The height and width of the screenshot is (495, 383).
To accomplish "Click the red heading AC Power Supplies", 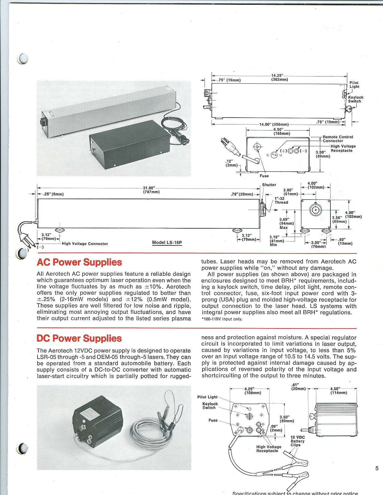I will point(79,262).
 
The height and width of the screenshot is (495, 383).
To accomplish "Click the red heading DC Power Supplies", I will point(79,338).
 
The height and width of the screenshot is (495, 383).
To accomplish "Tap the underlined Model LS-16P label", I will point(167,243).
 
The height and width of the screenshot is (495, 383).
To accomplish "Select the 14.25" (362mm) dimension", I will point(279,77).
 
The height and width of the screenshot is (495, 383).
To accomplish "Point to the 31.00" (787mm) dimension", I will point(151,190).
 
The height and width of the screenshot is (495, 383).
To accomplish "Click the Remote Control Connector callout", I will point(338,139).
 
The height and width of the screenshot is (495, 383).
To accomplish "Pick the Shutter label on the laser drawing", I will point(269,185).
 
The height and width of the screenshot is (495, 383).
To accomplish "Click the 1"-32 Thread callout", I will point(281,200).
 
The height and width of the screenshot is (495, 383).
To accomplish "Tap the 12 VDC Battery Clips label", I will point(297,441).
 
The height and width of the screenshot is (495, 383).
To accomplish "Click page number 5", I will point(377,469).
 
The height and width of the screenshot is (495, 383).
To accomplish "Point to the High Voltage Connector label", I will point(85,244).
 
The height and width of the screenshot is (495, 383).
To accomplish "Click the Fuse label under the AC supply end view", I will point(264,176).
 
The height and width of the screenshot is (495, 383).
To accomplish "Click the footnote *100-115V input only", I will point(222,319).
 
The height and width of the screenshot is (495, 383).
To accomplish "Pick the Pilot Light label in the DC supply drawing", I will point(207,397).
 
